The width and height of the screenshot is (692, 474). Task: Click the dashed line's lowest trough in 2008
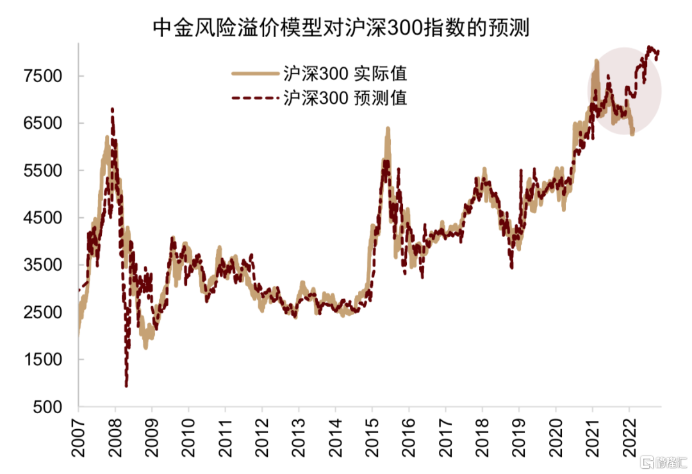pyautogui.click(x=126, y=386)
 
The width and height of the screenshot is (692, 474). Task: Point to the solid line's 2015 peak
pyautogui.click(x=388, y=129)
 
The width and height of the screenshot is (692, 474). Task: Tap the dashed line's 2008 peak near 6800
pyautogui.click(x=113, y=110)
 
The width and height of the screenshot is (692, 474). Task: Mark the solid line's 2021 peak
pyautogui.click(x=597, y=61)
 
